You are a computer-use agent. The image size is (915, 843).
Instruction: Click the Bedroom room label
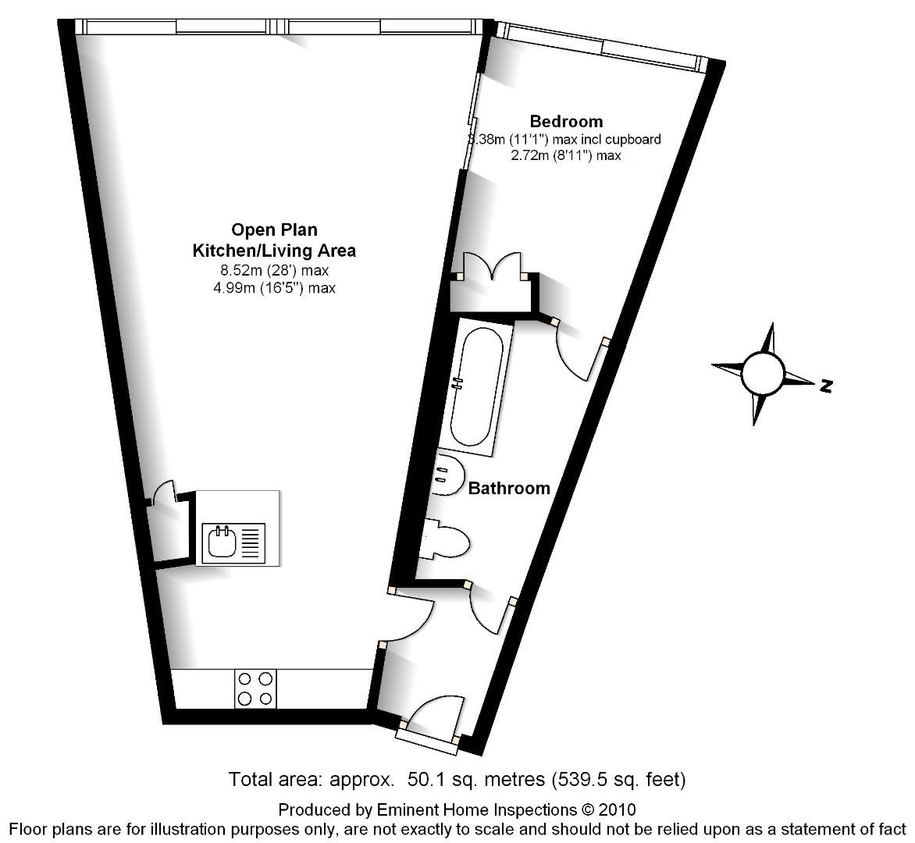[566, 121]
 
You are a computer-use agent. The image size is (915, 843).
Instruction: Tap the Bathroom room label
[509, 489]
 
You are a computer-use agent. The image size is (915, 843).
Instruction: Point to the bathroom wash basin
[446, 475]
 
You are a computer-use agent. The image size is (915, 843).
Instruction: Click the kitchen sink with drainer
[234, 542]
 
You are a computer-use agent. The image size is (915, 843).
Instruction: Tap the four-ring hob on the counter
[255, 688]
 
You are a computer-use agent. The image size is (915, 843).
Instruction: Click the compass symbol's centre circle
[763, 373]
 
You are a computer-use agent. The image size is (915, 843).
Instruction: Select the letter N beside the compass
[827, 385]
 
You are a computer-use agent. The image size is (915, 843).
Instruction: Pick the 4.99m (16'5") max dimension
[274, 288]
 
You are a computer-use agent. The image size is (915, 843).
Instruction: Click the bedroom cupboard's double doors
[493, 265]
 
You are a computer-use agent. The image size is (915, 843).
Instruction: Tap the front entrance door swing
[433, 714]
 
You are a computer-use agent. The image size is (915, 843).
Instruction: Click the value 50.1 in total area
[429, 779]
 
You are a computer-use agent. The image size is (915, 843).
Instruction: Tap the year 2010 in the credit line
[621, 809]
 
